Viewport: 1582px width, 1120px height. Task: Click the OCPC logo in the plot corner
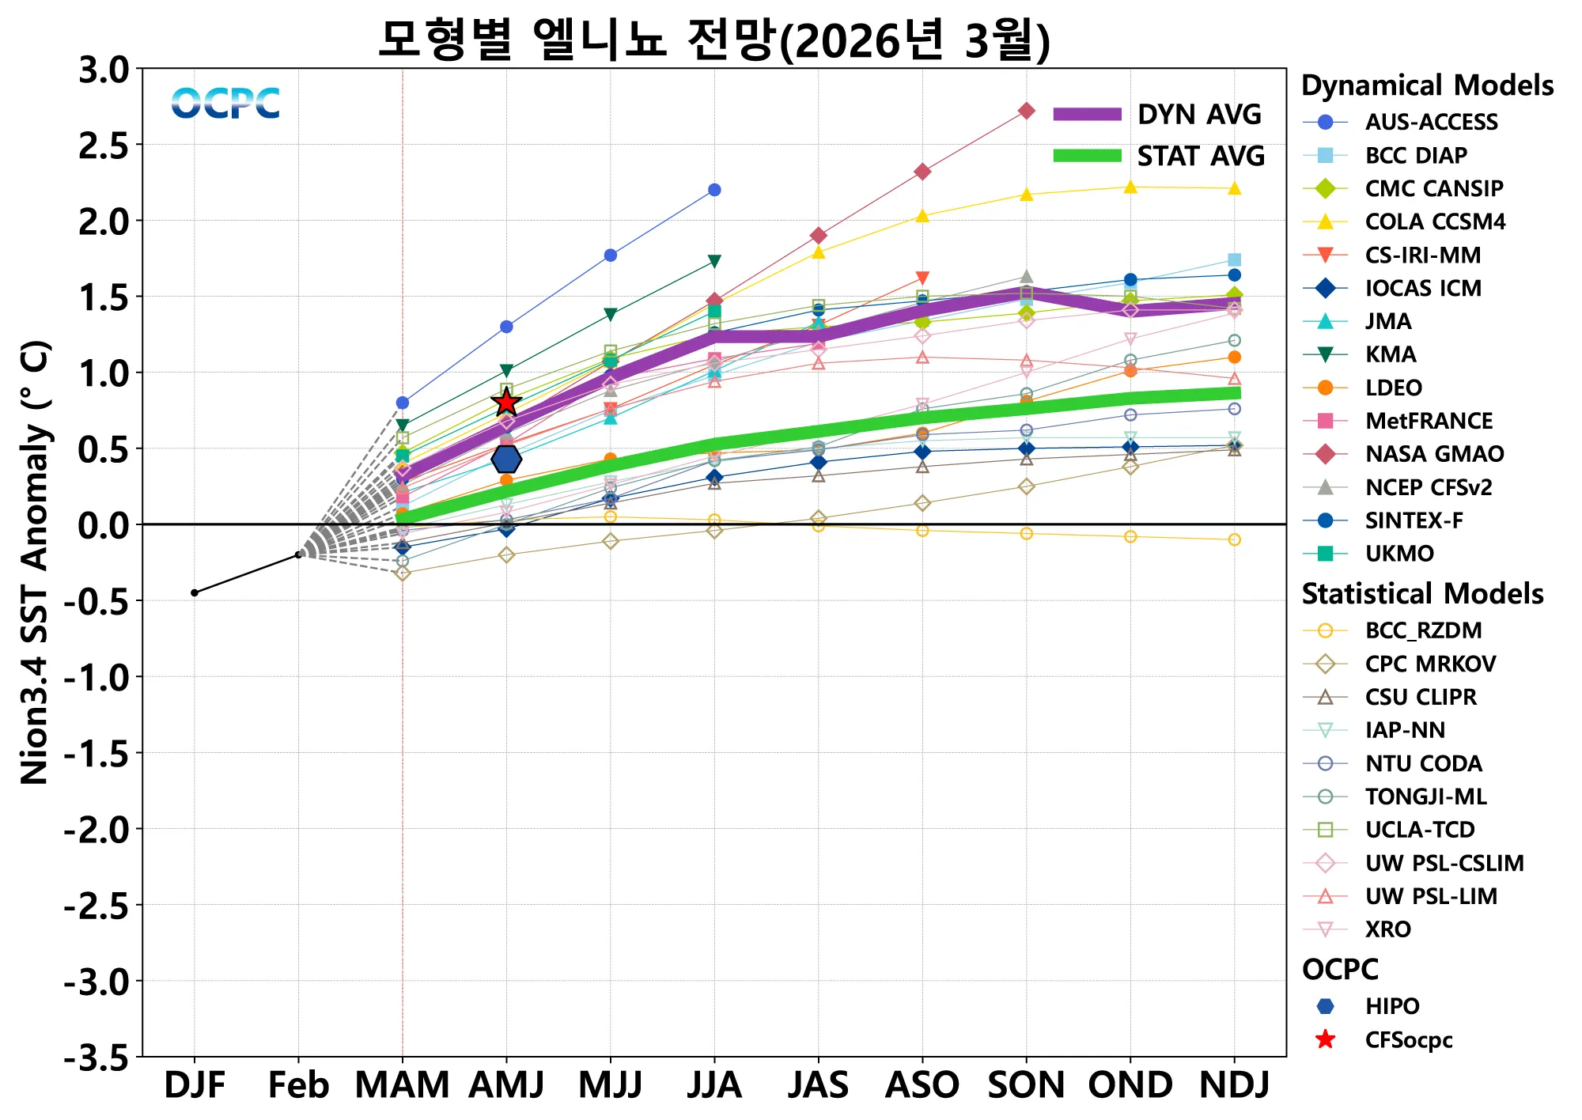(225, 104)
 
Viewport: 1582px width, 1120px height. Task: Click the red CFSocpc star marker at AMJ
(506, 403)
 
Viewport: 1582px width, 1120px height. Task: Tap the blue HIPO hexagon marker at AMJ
(506, 459)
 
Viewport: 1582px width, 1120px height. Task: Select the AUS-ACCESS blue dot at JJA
(714, 190)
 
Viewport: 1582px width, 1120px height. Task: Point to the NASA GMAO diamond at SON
(1026, 111)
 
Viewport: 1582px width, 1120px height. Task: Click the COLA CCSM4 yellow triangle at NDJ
(1234, 188)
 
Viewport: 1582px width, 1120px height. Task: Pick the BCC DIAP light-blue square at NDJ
(1234, 260)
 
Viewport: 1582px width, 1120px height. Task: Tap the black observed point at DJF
(195, 592)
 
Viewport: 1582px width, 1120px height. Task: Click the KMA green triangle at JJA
(714, 261)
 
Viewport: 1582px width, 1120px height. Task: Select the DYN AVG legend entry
(1158, 115)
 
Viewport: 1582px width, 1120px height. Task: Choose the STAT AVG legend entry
(1158, 156)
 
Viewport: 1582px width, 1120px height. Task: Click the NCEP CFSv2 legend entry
(1428, 487)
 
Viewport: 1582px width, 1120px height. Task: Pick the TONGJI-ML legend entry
(1425, 796)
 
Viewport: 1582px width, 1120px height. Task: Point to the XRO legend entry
(1387, 929)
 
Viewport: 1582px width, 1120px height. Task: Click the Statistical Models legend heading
(1422, 593)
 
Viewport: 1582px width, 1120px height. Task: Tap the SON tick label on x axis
(1026, 1085)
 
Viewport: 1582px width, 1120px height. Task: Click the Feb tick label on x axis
(298, 1085)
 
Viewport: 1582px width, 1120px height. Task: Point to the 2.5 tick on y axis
(104, 146)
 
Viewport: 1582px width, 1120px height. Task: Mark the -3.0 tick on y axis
(97, 982)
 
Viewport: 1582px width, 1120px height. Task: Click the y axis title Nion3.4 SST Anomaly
(36, 562)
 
